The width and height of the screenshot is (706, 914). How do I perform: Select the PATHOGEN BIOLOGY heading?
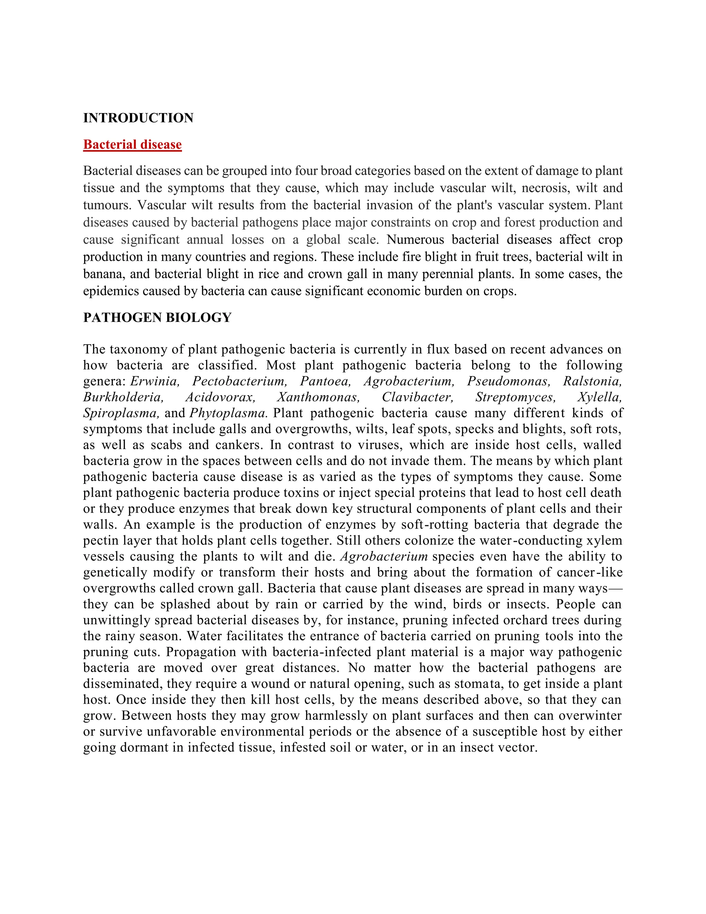click(157, 318)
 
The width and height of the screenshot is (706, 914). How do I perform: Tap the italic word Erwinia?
click(155, 381)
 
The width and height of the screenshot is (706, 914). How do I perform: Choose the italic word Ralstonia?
click(592, 381)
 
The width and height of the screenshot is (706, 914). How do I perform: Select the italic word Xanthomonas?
click(318, 397)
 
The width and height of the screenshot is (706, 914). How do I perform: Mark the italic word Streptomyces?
click(515, 397)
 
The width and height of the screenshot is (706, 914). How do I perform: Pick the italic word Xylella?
click(600, 397)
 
